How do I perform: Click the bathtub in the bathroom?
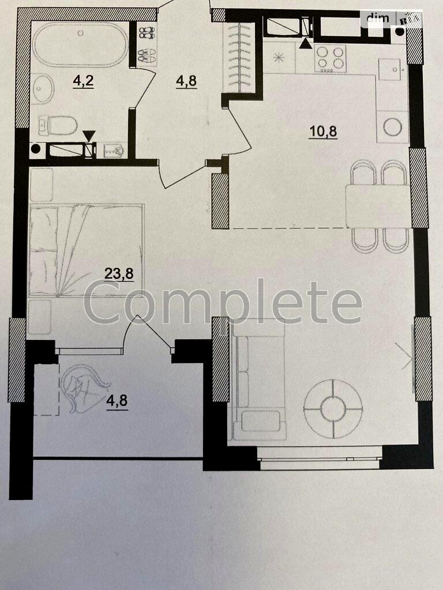coord(80,46)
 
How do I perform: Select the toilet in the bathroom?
coord(58,124)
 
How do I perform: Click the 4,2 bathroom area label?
coord(84,81)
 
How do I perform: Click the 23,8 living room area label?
coord(119,273)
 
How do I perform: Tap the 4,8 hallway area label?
coord(186,81)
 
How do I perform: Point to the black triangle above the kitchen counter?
coord(306,41)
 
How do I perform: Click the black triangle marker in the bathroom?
coord(88,135)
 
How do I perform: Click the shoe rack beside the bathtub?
coord(147,43)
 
